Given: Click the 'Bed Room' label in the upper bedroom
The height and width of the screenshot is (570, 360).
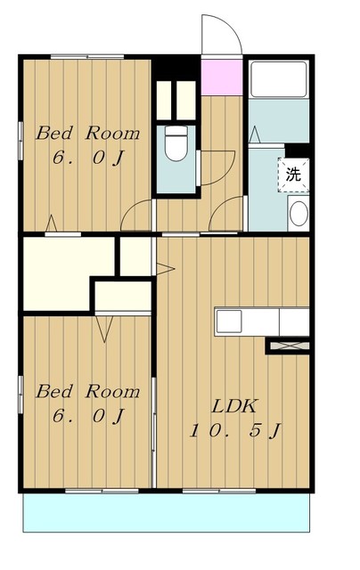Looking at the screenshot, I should (x=87, y=134).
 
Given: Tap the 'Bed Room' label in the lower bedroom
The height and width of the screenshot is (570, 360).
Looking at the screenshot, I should (x=87, y=391).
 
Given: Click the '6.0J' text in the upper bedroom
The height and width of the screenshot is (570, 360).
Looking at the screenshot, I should (x=87, y=161).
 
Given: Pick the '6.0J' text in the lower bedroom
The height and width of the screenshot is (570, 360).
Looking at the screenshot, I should (x=87, y=417).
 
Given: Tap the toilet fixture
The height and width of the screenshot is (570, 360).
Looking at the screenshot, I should (x=176, y=142).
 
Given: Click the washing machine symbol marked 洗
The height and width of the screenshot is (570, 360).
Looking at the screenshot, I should (x=293, y=174).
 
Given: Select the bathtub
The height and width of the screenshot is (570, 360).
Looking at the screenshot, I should (x=278, y=79).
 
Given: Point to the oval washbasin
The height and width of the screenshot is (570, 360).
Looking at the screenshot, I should (x=299, y=214).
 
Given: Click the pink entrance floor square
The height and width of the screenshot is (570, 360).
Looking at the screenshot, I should (x=222, y=77).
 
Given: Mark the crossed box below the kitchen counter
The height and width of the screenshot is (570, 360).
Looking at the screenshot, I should (x=287, y=344).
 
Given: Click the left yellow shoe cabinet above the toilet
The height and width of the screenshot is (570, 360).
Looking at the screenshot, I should (x=166, y=99).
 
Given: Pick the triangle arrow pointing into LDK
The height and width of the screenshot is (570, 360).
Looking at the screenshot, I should (x=164, y=267).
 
